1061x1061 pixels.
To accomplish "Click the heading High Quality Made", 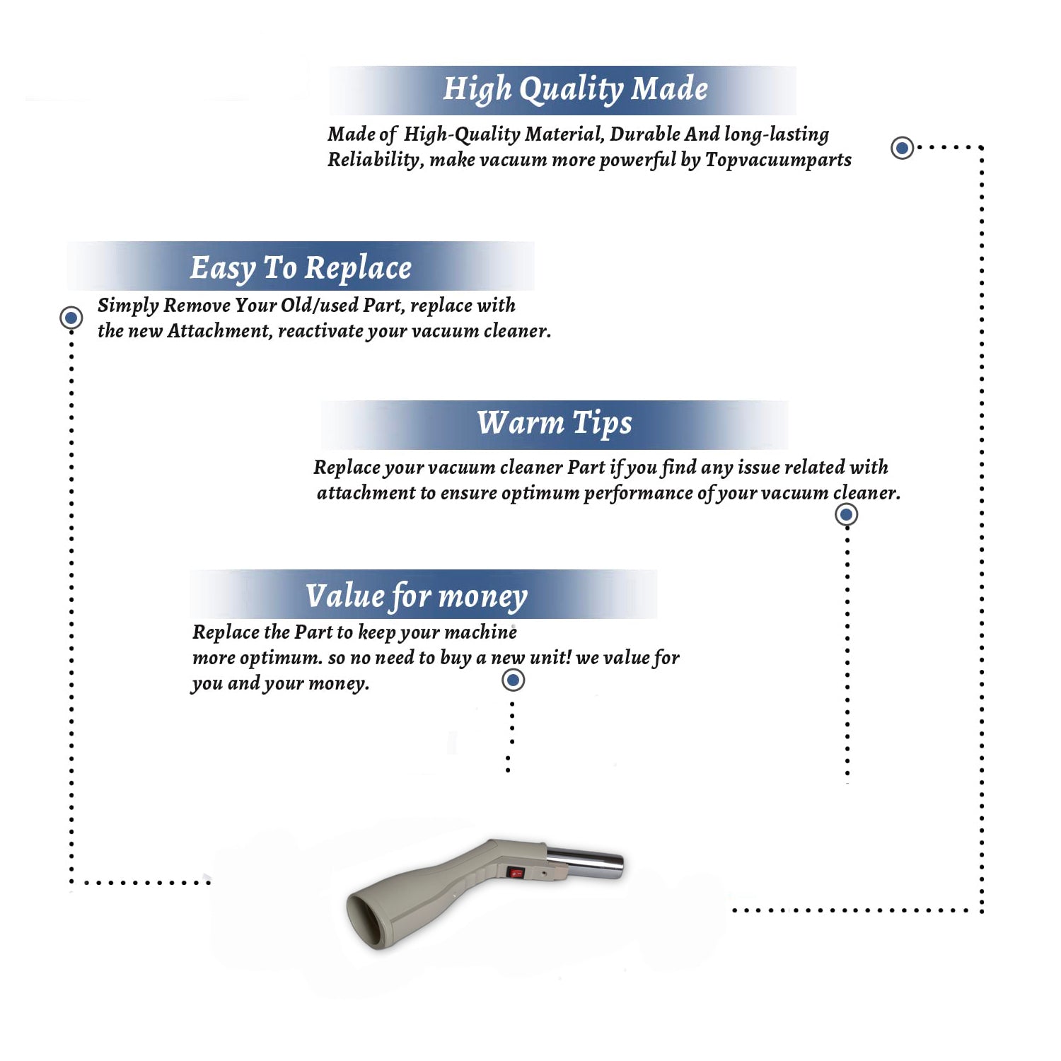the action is point(575,90).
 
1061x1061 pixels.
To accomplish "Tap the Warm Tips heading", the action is point(555,424).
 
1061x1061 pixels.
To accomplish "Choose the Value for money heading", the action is point(417,596).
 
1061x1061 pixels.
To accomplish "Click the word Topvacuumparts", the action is point(778,161).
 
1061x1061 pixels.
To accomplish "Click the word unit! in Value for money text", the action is point(550,657).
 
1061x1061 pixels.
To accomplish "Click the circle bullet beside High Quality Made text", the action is point(902,148).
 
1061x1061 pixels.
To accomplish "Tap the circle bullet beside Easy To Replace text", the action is point(71,318).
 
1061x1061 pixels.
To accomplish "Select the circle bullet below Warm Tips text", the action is point(847,515).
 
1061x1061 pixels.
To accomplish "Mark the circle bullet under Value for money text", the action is point(513,680).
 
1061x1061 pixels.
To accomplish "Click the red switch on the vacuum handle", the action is point(516,873).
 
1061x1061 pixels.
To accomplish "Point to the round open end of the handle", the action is point(368,919).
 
